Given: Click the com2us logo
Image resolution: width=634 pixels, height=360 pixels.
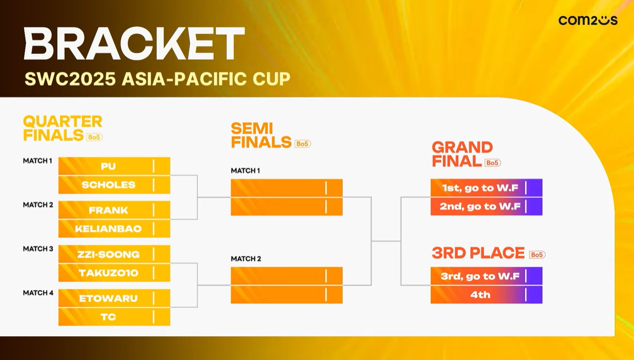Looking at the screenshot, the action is (x=588, y=20).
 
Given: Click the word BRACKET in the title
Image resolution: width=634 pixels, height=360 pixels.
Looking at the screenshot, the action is (x=134, y=44).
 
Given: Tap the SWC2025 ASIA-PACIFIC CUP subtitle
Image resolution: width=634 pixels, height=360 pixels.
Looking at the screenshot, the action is (x=157, y=79).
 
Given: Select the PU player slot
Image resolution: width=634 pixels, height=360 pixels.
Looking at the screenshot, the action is (x=114, y=166).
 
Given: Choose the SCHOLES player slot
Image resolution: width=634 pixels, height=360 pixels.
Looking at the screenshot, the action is (x=114, y=185).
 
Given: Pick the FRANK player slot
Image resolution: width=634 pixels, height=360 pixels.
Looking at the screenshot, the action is (x=114, y=210).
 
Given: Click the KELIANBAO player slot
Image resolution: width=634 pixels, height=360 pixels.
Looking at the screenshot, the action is (x=114, y=229).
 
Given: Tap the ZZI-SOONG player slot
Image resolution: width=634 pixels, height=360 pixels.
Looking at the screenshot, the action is (x=114, y=254).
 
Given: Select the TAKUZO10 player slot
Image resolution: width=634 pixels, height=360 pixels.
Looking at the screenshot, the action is (x=114, y=273).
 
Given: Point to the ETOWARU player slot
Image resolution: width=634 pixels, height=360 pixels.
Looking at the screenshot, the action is (x=114, y=299).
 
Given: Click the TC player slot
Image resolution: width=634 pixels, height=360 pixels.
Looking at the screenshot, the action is (x=114, y=317).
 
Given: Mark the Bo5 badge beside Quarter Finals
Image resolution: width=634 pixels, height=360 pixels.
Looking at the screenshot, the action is (x=94, y=137).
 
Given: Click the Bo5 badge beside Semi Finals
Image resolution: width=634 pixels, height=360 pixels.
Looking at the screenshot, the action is (x=302, y=143).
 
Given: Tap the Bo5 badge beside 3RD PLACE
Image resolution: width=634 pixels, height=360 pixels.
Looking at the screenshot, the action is (x=537, y=254).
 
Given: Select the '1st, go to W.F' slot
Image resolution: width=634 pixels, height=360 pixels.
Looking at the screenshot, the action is (x=486, y=188).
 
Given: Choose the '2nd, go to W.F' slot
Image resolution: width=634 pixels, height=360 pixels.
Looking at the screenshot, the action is (x=486, y=207).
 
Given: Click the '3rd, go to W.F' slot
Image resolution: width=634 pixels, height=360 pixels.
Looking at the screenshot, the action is (x=486, y=276).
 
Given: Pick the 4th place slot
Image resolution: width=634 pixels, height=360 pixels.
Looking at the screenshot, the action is (x=486, y=294).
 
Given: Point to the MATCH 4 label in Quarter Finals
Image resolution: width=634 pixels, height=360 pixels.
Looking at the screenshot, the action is (x=38, y=293).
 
